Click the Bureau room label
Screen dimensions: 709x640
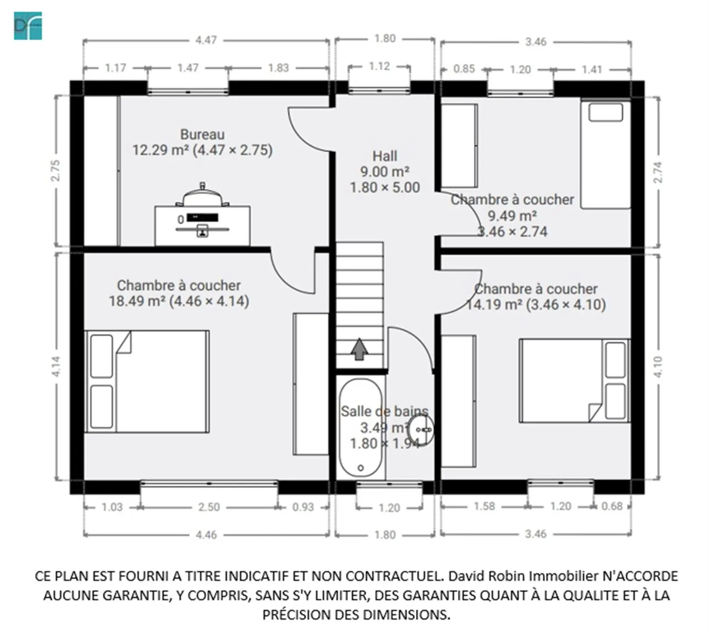[202, 134]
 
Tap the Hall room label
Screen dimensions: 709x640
[385, 156]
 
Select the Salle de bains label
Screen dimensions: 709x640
[384, 411]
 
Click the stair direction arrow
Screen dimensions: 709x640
[359, 349]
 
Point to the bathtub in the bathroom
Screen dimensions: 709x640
[361, 428]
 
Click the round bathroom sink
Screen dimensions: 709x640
[421, 430]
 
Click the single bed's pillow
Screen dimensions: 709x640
[606, 112]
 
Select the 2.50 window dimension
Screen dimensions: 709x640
[209, 507]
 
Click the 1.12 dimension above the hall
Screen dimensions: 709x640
[379, 66]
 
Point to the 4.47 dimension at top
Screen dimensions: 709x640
[206, 40]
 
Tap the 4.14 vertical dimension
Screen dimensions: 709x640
[56, 366]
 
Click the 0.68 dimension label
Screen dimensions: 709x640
[611, 506]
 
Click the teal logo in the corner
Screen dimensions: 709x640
[28, 26]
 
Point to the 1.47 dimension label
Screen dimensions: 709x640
[188, 68]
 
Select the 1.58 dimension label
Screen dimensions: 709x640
[484, 506]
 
